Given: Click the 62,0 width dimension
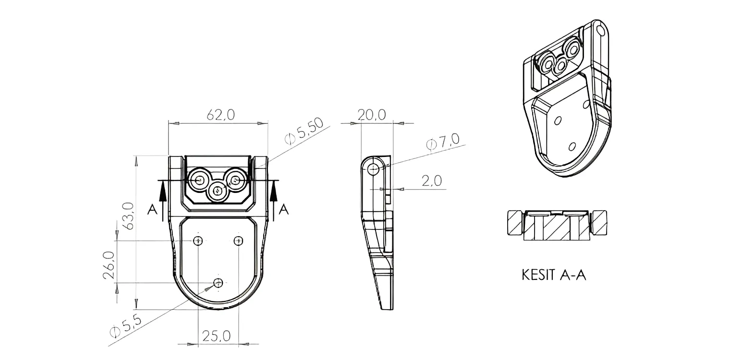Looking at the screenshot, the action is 220,115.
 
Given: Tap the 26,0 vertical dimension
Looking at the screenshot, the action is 109,265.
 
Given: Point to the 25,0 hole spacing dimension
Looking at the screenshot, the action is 216,336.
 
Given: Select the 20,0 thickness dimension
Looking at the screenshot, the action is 372,115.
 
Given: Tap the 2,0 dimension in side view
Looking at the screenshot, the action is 432,181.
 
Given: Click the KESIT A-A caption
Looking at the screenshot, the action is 554,275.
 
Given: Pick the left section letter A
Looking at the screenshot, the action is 152,209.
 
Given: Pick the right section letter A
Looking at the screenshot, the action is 284,209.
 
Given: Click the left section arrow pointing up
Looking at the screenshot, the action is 163,201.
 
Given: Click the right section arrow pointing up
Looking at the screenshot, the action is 274,201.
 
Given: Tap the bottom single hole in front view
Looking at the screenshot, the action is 218,283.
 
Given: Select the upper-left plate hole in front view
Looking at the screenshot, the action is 198,241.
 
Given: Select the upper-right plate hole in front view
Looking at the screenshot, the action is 239,241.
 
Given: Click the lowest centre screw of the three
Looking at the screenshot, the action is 218,191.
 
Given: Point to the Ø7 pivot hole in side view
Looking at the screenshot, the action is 373,169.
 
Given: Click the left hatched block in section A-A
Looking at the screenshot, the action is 516,223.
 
